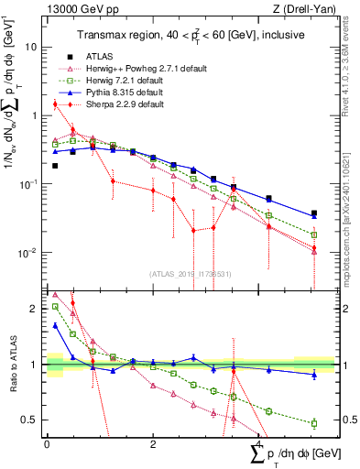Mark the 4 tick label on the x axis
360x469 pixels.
point(260,447)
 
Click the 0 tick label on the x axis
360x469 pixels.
point(47,447)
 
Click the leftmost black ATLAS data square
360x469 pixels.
point(55,166)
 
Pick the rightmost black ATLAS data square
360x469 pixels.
point(313,213)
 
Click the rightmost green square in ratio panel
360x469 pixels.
point(313,423)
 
